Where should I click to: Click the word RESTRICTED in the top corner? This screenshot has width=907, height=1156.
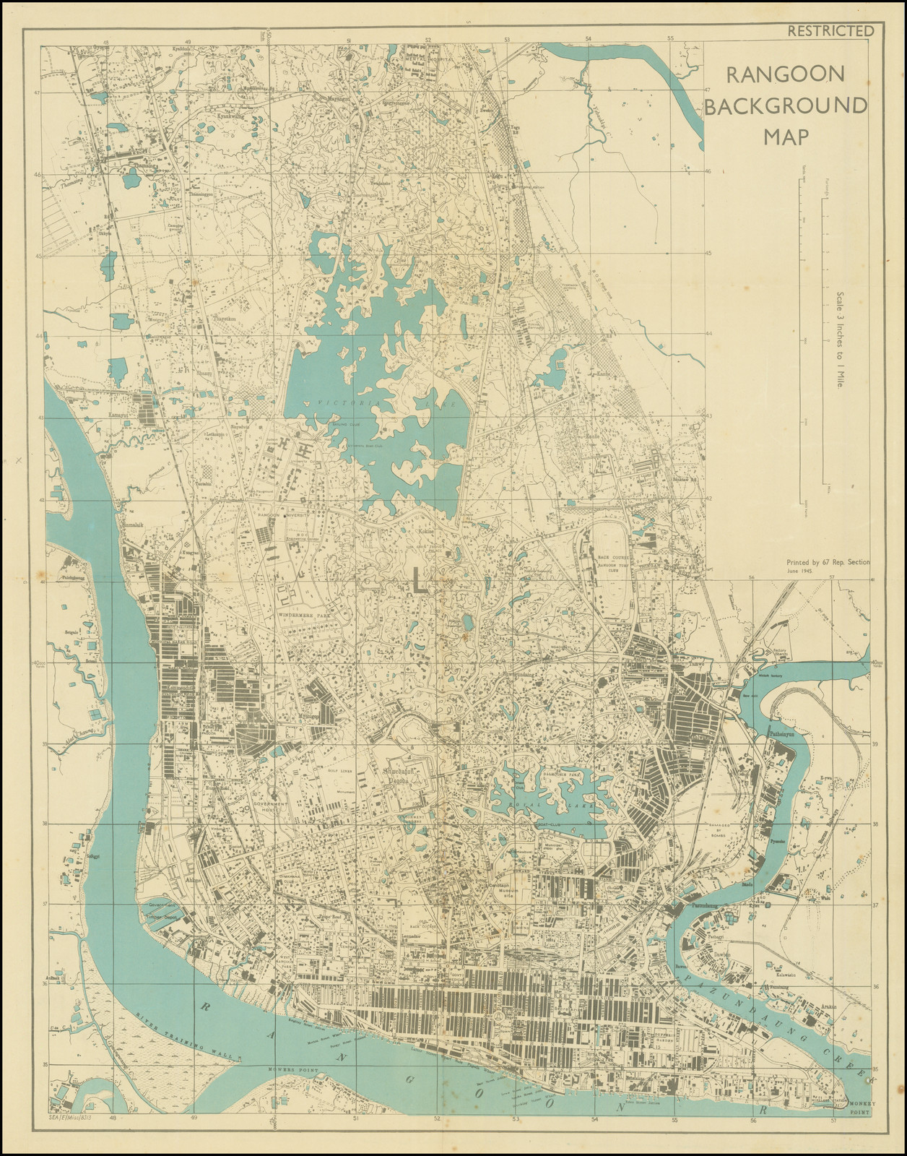[830, 30]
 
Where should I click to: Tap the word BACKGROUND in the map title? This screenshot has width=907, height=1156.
[785, 105]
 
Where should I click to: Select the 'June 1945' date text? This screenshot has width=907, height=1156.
[804, 571]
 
